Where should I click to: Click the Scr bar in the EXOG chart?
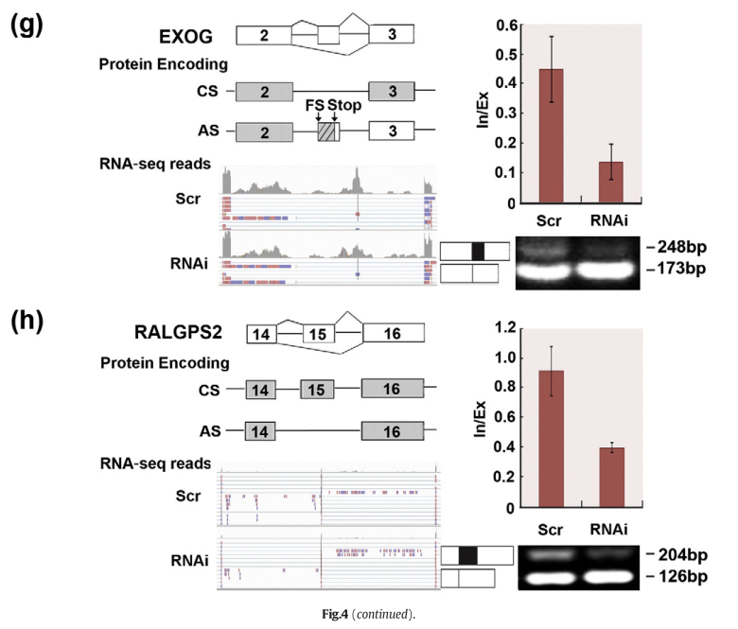551,135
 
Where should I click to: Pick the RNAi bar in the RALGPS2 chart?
610,478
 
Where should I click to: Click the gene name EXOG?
184,37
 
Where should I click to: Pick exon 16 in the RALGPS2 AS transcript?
392,430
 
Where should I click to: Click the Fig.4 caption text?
369,616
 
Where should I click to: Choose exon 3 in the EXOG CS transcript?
392,92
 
